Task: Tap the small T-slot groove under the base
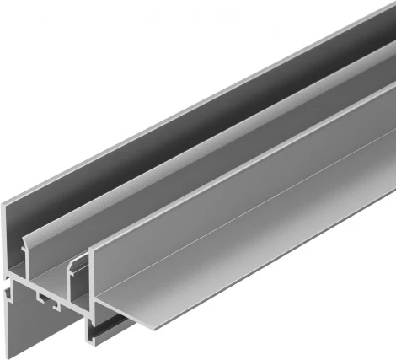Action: [x=43, y=297]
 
